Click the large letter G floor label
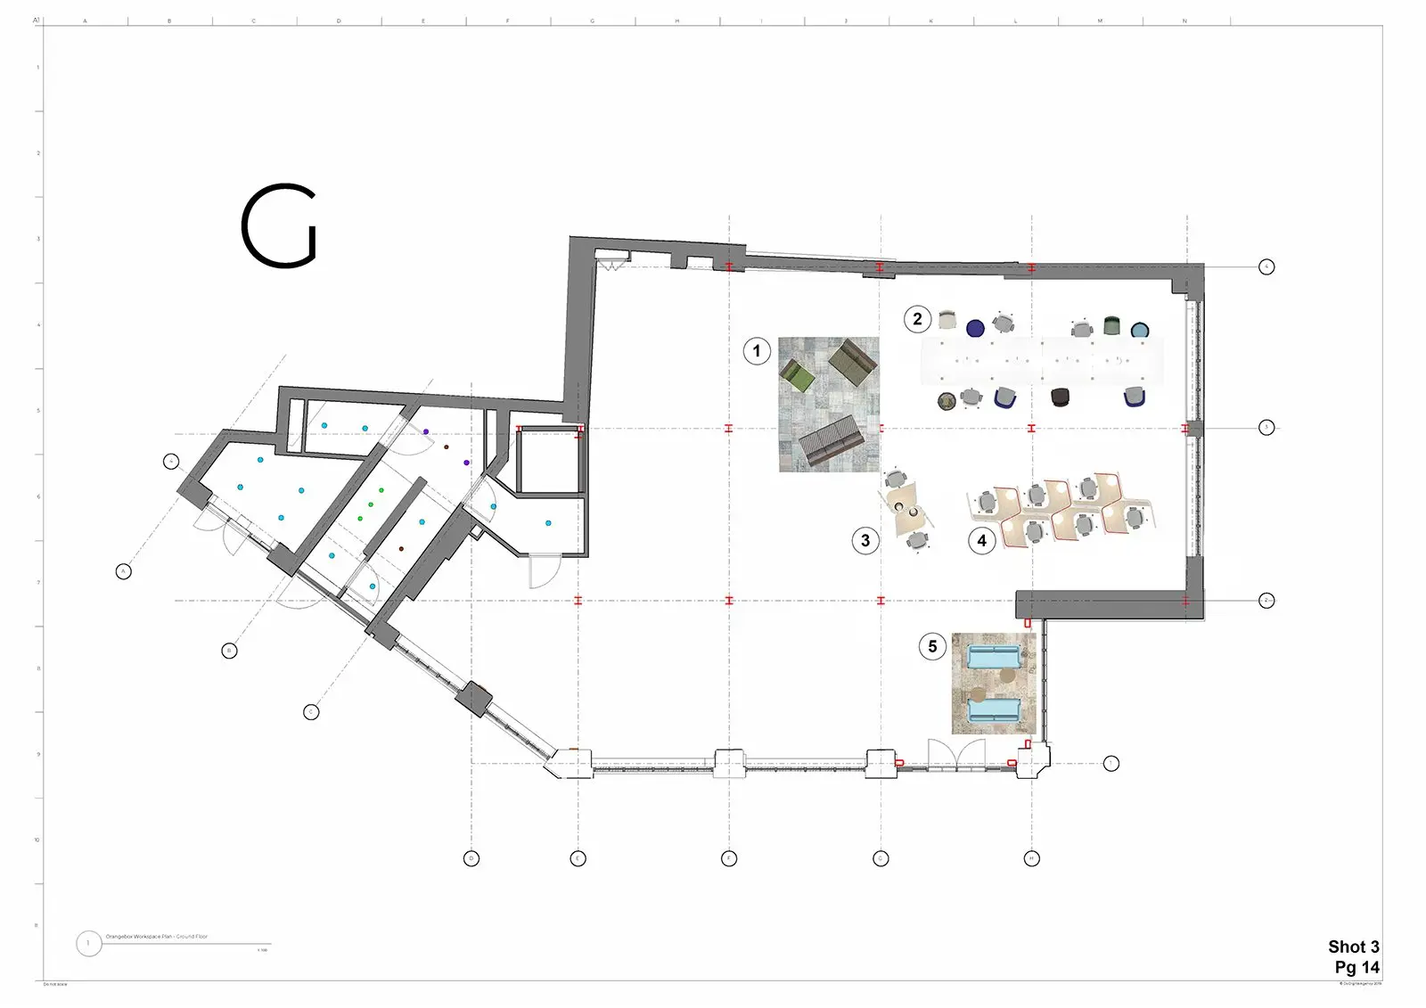(279, 226)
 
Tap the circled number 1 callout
(757, 351)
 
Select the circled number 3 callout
(865, 540)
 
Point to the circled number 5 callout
(932, 646)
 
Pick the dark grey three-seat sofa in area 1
(829, 439)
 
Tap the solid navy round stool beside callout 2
(975, 328)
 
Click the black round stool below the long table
(1060, 397)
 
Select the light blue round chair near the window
(1140, 331)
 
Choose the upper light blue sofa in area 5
(994, 658)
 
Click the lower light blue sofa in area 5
(994, 710)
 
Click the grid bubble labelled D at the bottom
(471, 858)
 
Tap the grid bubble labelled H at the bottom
(1031, 858)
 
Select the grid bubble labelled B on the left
(229, 651)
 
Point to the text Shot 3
(1353, 947)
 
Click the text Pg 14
(1356, 967)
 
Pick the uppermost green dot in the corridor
(381, 490)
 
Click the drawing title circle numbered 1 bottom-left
(88, 943)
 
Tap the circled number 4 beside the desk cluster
(981, 540)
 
